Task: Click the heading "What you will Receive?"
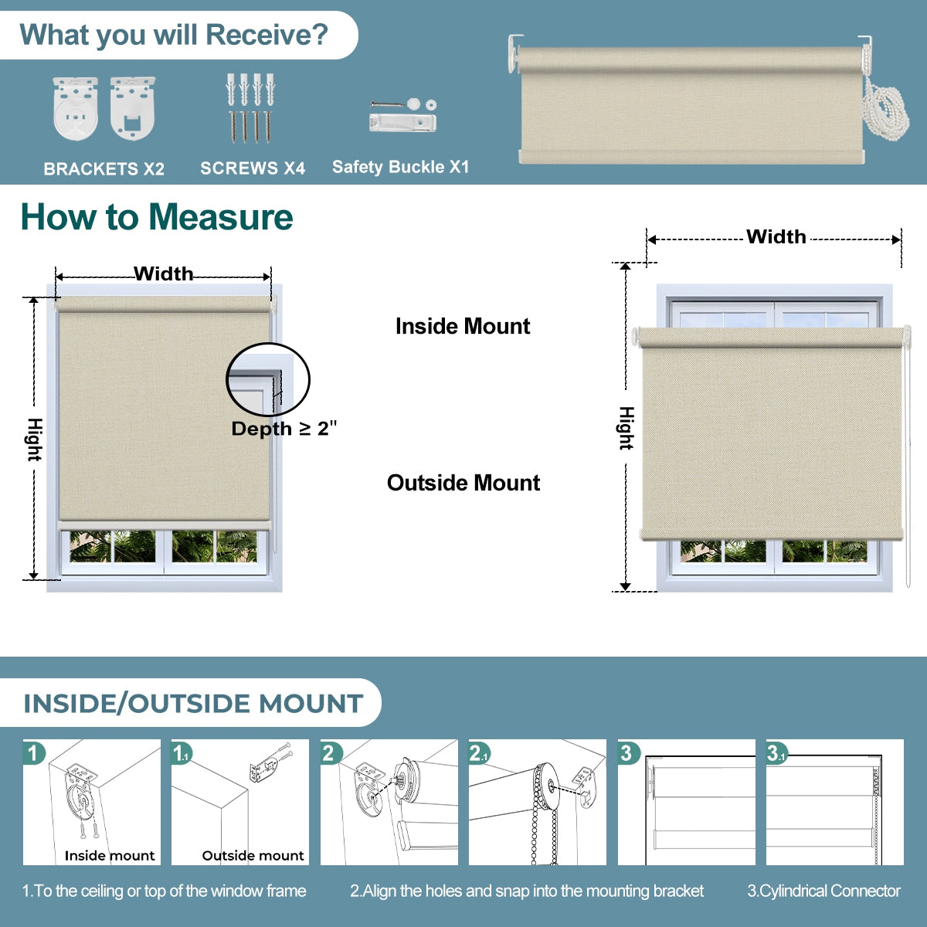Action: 174,36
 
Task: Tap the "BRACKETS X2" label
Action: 104,168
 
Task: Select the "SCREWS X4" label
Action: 253,168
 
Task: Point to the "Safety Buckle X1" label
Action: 400,167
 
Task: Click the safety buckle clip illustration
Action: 402,122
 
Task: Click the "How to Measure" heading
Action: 157,217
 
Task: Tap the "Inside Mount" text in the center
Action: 462,326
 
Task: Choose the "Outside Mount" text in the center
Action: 463,483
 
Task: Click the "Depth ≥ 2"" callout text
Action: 284,429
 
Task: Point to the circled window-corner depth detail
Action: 267,380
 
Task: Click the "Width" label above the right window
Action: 776,236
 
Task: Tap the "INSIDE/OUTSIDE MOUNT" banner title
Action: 193,704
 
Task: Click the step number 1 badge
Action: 33,752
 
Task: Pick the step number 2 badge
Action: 331,753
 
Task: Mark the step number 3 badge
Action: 628,753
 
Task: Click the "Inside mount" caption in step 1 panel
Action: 110,855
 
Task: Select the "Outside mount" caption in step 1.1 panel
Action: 253,855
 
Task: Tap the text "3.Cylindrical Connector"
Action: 823,891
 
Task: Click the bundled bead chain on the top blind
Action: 885,109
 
